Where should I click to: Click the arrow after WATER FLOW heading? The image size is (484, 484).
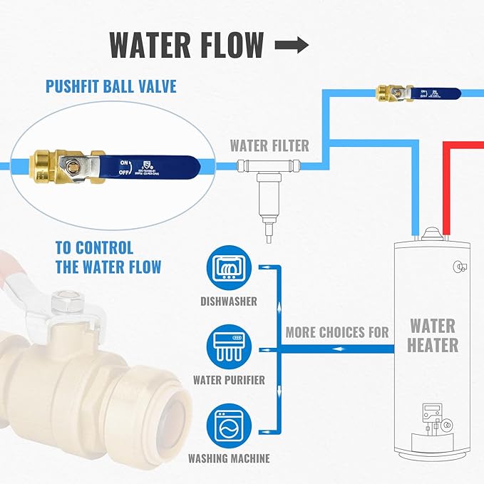coord(292,45)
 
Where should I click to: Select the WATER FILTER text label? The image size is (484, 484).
coord(269,146)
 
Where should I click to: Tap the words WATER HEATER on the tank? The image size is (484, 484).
coord(433,336)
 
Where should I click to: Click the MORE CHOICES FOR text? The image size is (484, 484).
coord(337,332)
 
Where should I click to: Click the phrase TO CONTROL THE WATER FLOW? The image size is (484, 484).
coord(108,257)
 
